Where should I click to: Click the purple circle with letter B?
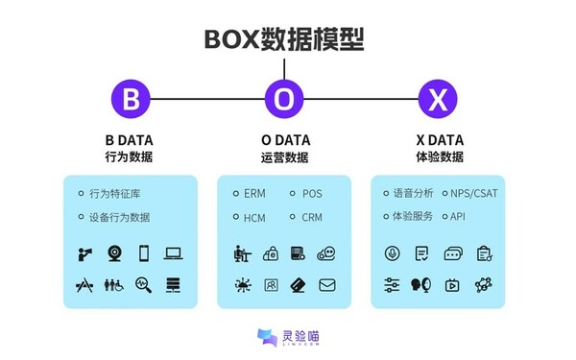pos(131,98)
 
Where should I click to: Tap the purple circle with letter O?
pos(284,98)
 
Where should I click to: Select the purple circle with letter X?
pos(438,98)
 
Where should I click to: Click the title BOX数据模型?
pos(284,37)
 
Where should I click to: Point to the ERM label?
pos(253,193)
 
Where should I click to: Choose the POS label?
pos(312,193)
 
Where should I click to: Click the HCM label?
pos(254,217)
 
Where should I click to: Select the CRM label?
pos(312,217)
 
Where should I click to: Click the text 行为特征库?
pos(112,193)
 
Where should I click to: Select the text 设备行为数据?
pos(119,217)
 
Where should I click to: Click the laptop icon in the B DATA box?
pos(174,254)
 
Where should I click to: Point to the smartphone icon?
pos(144,254)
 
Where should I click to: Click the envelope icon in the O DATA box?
pos(327,285)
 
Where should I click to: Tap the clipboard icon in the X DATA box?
pos(484,254)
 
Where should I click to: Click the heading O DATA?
pos(284,140)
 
